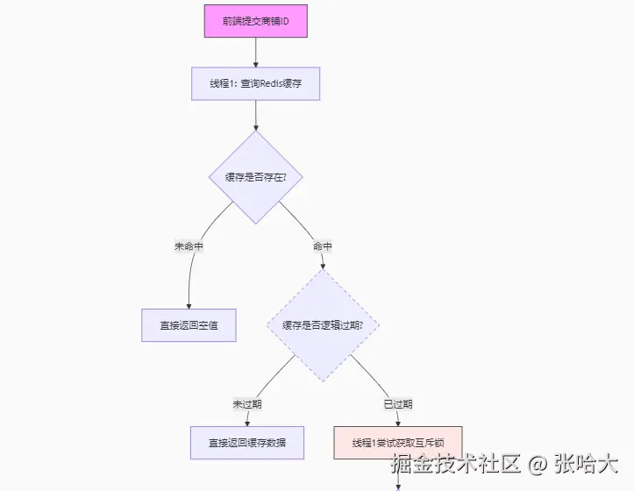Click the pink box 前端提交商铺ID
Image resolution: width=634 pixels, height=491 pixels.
256,21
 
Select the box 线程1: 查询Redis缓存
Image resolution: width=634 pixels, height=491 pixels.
256,84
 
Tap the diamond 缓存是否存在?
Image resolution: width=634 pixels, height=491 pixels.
256,177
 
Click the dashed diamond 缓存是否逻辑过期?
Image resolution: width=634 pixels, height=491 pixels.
324,325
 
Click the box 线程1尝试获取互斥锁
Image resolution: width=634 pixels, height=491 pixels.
397,443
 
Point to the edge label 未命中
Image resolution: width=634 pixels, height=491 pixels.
189,246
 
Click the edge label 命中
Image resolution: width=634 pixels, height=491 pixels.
324,246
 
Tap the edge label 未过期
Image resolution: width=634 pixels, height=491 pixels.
247,404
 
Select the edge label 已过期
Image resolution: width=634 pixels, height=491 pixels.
397,404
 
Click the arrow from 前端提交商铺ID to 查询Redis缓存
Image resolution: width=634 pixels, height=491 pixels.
256,53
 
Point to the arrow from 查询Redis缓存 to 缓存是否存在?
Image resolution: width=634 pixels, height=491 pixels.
256,114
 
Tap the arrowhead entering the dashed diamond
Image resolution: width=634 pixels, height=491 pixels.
324,265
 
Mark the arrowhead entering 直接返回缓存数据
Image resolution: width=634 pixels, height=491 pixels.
247,423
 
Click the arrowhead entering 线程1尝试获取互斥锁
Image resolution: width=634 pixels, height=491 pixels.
397,423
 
